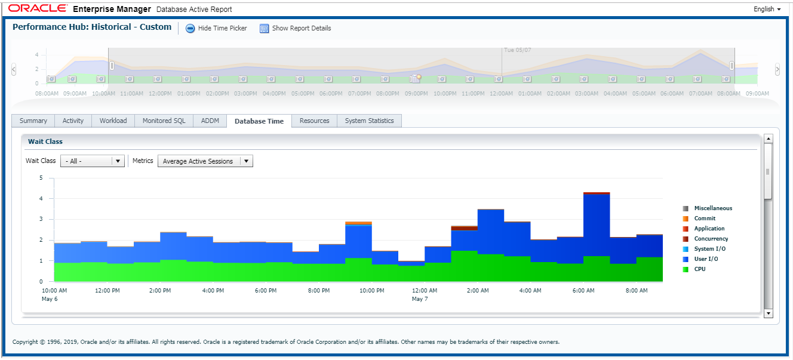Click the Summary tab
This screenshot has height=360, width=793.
point(33,121)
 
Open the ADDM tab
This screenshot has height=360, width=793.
point(210,121)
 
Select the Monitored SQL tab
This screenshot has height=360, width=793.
point(164,121)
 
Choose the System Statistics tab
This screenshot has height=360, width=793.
point(369,121)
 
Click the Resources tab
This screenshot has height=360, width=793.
point(314,121)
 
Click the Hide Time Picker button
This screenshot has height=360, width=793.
point(216,28)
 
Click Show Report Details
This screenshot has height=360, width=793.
point(295,28)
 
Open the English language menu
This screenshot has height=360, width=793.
point(767,9)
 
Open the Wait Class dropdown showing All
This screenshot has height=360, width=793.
point(93,161)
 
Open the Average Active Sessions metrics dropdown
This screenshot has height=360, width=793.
point(205,161)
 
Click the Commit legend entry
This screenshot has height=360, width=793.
point(704,219)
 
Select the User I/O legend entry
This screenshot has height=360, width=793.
point(706,259)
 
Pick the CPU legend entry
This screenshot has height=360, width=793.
point(699,269)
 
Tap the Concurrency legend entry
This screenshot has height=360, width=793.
point(711,239)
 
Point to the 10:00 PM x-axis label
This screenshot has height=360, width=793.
point(371,291)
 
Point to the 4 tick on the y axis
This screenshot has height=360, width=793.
point(41,198)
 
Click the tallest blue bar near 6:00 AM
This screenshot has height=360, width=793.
point(596,227)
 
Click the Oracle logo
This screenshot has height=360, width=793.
point(37,9)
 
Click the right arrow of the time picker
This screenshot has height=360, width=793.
point(777,69)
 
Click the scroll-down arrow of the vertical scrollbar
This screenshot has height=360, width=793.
point(768,313)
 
